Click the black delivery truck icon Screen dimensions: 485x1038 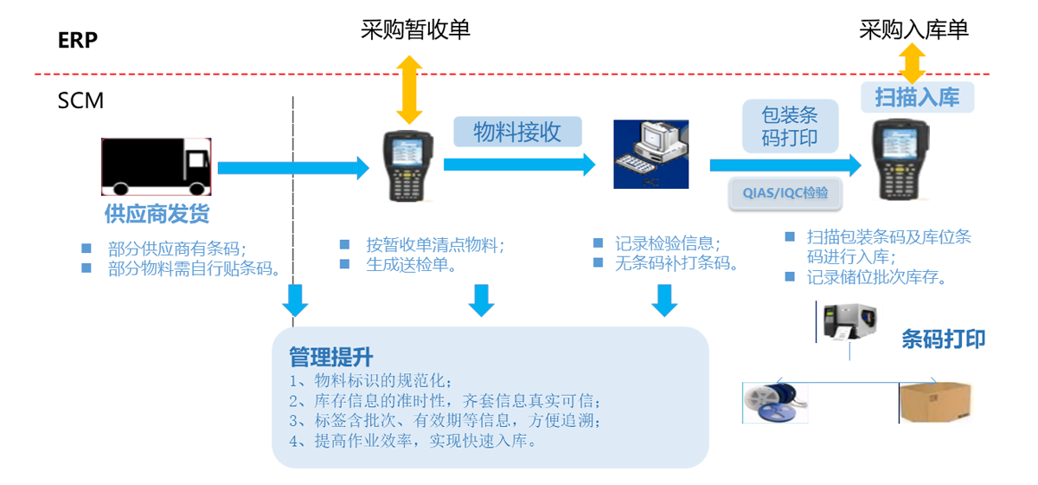click(x=157, y=167)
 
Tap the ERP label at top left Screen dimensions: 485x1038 click(x=78, y=40)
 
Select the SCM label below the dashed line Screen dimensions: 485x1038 click(x=80, y=101)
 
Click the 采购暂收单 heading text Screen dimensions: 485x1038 click(x=415, y=29)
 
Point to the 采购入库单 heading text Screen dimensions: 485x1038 click(x=913, y=29)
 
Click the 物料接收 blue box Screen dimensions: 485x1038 click(x=517, y=132)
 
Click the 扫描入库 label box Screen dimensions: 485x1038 click(x=917, y=97)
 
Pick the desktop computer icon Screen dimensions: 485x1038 click(x=651, y=153)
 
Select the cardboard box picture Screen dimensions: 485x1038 click(x=936, y=402)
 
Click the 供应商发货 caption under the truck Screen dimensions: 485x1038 click(x=157, y=213)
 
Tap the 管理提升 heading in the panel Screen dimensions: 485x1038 click(x=330, y=357)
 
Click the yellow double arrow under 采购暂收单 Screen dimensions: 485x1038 click(x=408, y=89)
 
